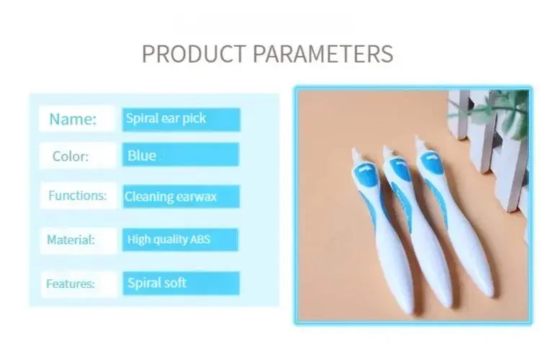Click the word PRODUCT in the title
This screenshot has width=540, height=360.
194,54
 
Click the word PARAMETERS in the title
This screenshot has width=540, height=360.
323,54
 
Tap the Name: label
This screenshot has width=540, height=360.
73,120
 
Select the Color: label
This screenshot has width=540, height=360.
71,156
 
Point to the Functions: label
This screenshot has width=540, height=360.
78,196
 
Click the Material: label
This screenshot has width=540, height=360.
71,240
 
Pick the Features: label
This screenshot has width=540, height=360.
71,284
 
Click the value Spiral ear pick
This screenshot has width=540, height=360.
166,119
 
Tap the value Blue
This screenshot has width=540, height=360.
142,156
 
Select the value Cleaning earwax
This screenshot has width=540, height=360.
171,197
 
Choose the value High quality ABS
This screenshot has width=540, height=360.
168,240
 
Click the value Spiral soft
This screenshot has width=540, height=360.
157,283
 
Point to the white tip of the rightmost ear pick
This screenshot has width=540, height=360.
420,143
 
